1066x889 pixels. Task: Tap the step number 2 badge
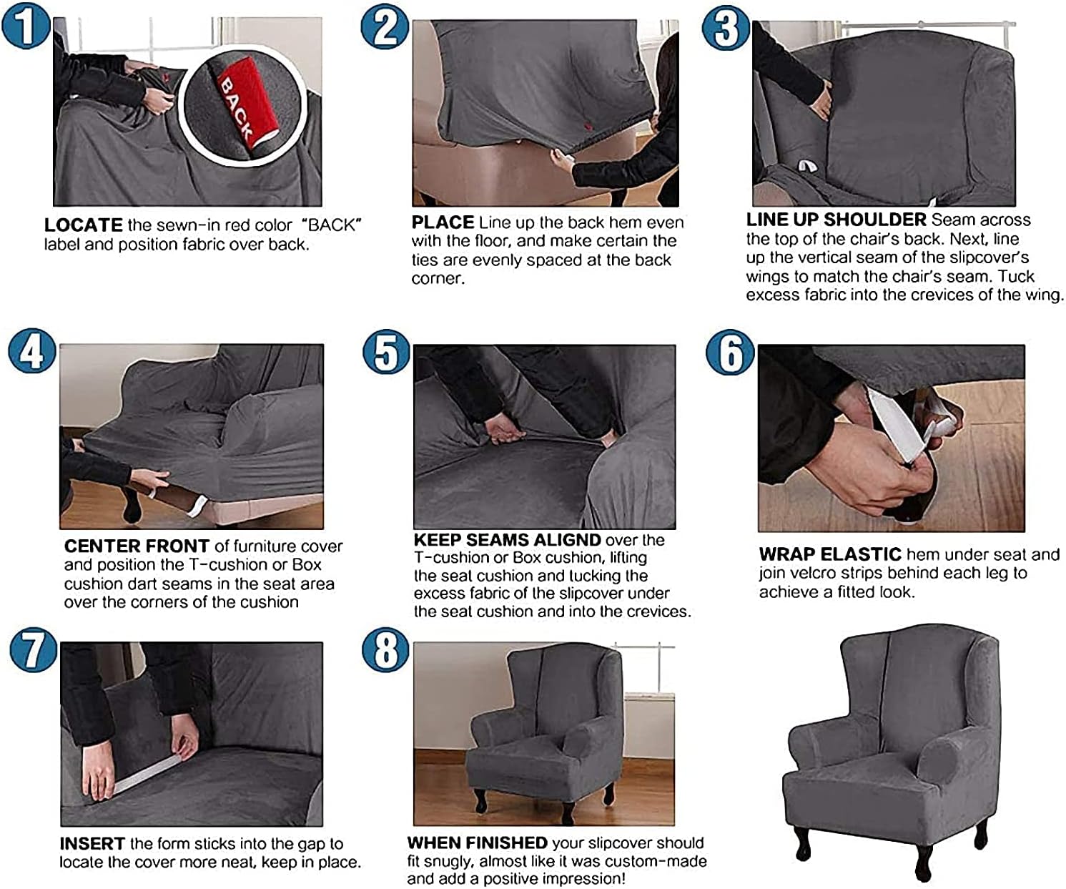pyautogui.click(x=385, y=29)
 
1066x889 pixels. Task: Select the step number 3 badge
pyautogui.click(x=726, y=29)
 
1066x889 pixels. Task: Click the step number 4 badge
pyautogui.click(x=32, y=350)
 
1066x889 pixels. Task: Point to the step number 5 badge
pyautogui.click(x=386, y=352)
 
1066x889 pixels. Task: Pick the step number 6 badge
pyautogui.click(x=730, y=352)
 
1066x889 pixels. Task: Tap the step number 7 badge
pyautogui.click(x=34, y=650)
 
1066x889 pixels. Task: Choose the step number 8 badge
pyautogui.click(x=386, y=650)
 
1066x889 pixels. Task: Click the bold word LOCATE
pyautogui.click(x=83, y=225)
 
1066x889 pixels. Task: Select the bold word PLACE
pyautogui.click(x=443, y=222)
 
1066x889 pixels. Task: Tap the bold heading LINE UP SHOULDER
pyautogui.click(x=836, y=220)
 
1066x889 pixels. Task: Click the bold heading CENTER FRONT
pyautogui.click(x=137, y=546)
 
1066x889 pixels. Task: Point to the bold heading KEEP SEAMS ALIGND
pyautogui.click(x=507, y=540)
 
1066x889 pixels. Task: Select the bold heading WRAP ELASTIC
pyautogui.click(x=829, y=554)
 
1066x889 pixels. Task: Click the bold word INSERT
pyautogui.click(x=92, y=844)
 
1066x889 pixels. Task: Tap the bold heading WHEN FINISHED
pyautogui.click(x=477, y=843)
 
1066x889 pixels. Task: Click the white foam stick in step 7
pyautogui.click(x=147, y=775)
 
